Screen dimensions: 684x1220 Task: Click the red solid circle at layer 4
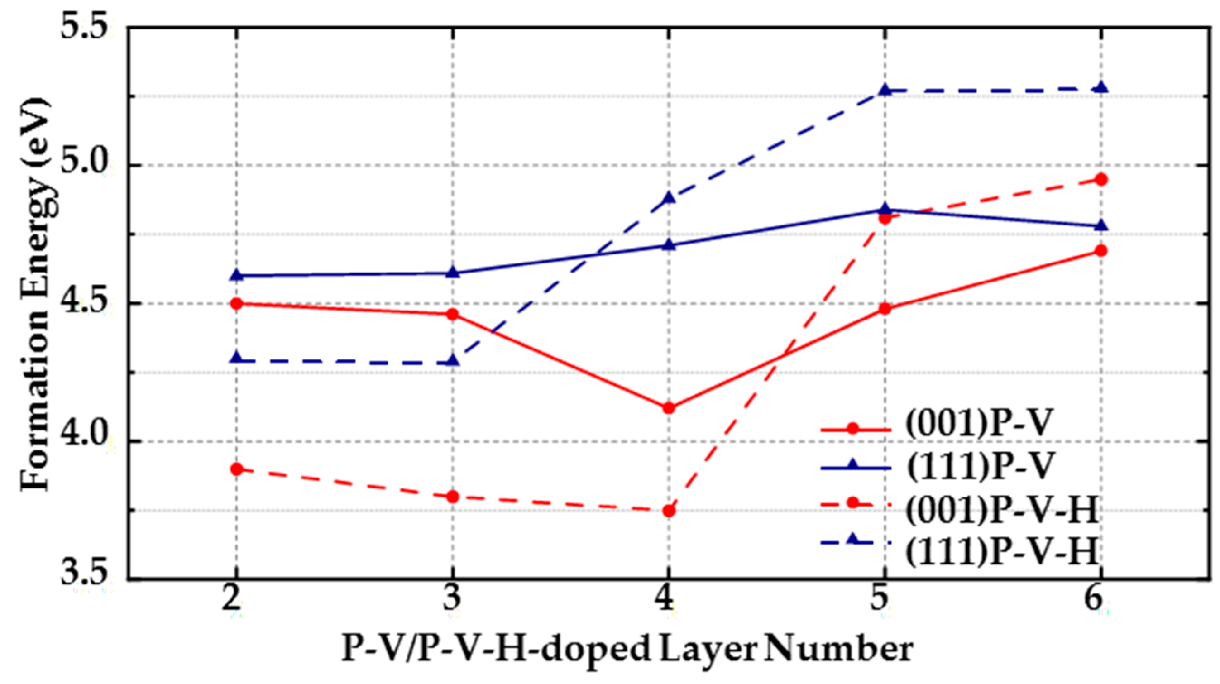pos(669,408)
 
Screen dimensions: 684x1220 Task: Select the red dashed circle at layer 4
pos(669,511)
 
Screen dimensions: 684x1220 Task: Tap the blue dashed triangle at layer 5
pos(884,90)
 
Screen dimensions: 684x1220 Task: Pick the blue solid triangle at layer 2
pos(237,275)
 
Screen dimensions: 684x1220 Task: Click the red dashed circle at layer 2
pos(237,469)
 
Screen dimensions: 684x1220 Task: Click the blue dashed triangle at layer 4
pos(669,197)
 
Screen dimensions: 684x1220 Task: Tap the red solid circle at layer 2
pos(237,303)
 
